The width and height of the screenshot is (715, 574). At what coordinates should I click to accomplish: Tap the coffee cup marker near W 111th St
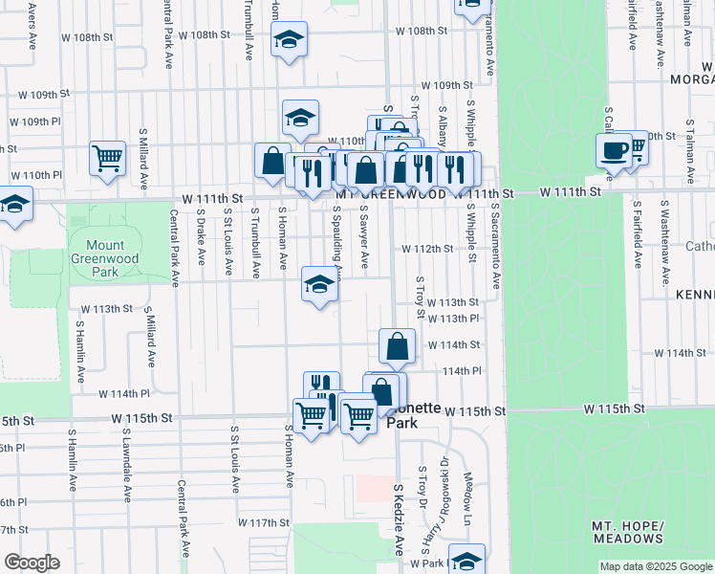[614, 152]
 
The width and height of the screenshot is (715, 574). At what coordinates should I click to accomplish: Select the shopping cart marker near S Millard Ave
[108, 158]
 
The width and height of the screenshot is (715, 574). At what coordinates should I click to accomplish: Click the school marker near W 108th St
[289, 40]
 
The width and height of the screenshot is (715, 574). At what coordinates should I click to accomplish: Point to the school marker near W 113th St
[320, 284]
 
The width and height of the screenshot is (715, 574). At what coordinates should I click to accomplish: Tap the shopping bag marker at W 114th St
[397, 346]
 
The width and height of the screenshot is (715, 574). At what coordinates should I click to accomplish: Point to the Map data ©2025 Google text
[655, 566]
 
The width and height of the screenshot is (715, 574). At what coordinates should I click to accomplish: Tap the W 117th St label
[264, 523]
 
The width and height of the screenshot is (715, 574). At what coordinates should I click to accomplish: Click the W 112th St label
[426, 249]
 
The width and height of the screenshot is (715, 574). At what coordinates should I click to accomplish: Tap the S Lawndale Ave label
[126, 465]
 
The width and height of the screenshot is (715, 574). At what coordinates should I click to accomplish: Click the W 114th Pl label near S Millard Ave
[131, 393]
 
